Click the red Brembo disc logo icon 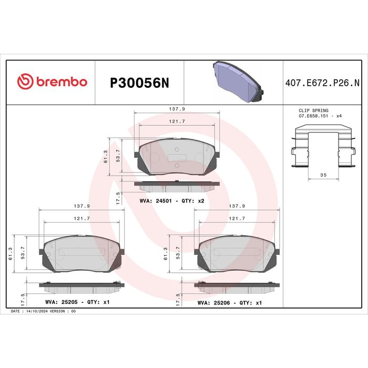(25, 81)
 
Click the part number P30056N (139, 83)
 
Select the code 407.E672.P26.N (322, 83)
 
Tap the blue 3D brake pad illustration (238, 82)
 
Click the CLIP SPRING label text (313, 110)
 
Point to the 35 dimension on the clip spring (323, 175)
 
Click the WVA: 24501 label (156, 201)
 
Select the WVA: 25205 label (62, 302)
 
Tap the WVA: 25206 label (213, 303)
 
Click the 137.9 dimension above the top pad (177, 109)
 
